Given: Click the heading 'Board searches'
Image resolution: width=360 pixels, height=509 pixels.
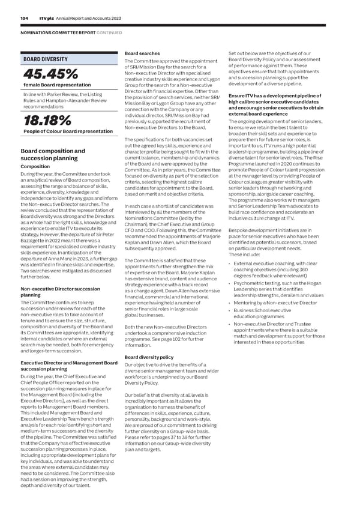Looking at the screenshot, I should (142, 53).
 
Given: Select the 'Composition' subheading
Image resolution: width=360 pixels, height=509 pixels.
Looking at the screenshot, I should (35, 167).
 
